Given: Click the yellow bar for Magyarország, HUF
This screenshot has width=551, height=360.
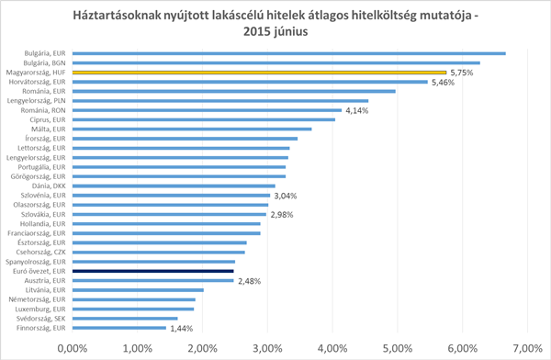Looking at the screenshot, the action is click(259, 73).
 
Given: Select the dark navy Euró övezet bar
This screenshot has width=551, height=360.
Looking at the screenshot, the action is click(152, 271).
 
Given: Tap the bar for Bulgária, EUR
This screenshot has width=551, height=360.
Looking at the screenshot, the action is click(289, 53).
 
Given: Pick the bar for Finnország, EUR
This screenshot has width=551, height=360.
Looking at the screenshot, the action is click(119, 328).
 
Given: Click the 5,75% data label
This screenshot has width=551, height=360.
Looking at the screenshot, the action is click(462, 73).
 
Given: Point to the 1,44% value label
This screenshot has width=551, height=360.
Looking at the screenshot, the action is click(182, 329).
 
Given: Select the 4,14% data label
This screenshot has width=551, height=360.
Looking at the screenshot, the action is click(357, 111).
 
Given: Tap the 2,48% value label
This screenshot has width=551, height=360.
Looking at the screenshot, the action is click(250, 281).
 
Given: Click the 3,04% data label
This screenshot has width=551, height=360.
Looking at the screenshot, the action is click(286, 196).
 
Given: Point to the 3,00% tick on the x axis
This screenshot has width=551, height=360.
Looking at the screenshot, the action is click(267, 348).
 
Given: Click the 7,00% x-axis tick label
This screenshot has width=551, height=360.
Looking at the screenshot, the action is click(527, 348).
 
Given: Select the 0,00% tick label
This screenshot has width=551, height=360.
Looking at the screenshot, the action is click(73, 348).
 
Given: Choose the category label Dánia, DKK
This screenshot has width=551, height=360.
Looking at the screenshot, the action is click(49, 186).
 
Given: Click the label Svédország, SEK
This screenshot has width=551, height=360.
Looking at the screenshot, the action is click(40, 319).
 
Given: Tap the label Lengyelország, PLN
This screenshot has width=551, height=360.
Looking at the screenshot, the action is click(36, 100).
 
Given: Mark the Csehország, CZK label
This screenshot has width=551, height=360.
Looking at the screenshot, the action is click(40, 252).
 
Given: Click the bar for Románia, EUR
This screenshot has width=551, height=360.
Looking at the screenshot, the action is click(234, 92).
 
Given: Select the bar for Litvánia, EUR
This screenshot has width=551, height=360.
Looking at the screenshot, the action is click(138, 290).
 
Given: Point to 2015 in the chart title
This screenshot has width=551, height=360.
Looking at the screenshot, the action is click(256, 31).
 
